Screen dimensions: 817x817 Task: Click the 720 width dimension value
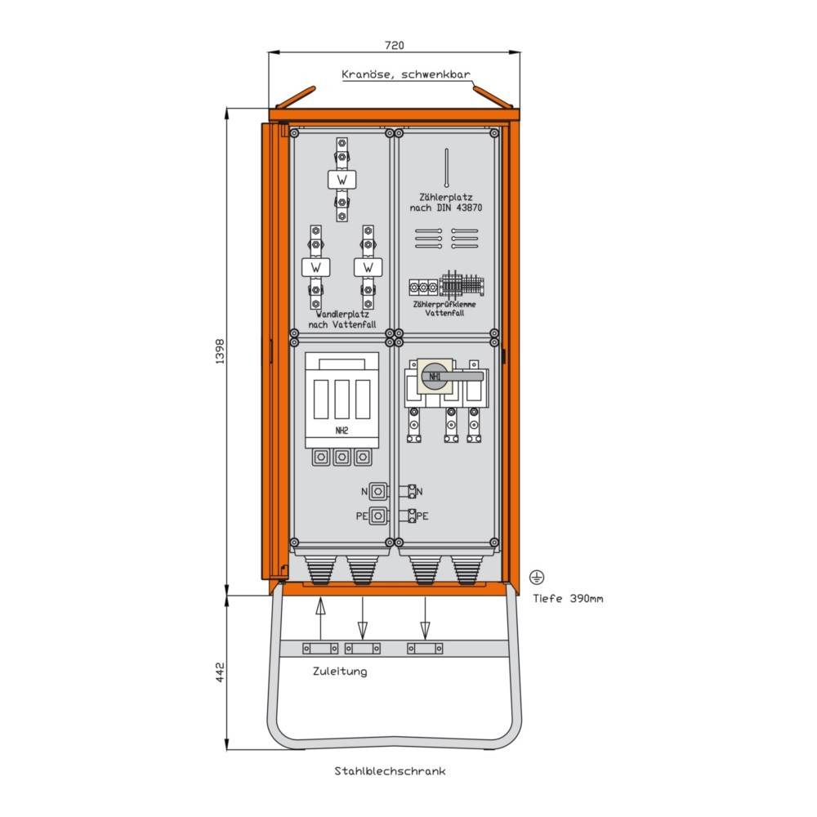(394, 45)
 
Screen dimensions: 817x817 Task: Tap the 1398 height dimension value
(220, 351)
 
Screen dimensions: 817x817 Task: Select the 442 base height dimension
(220, 672)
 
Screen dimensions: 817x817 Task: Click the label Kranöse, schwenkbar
(406, 74)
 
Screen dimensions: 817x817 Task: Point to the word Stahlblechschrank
(390, 770)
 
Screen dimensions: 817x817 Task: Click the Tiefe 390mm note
(568, 598)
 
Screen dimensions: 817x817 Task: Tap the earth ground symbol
(537, 578)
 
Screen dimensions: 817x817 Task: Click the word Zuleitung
(340, 671)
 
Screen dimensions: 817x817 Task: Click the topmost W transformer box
(342, 180)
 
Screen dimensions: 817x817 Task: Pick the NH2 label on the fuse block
(342, 431)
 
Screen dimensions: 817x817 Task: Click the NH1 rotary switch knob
(435, 376)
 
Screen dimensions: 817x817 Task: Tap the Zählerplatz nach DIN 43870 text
(446, 202)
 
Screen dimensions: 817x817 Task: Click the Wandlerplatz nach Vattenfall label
(342, 319)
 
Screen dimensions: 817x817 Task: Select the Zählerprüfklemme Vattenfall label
(444, 309)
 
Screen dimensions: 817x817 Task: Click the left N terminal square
(378, 491)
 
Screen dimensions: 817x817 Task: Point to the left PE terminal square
(378, 516)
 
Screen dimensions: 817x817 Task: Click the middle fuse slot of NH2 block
(342, 400)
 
